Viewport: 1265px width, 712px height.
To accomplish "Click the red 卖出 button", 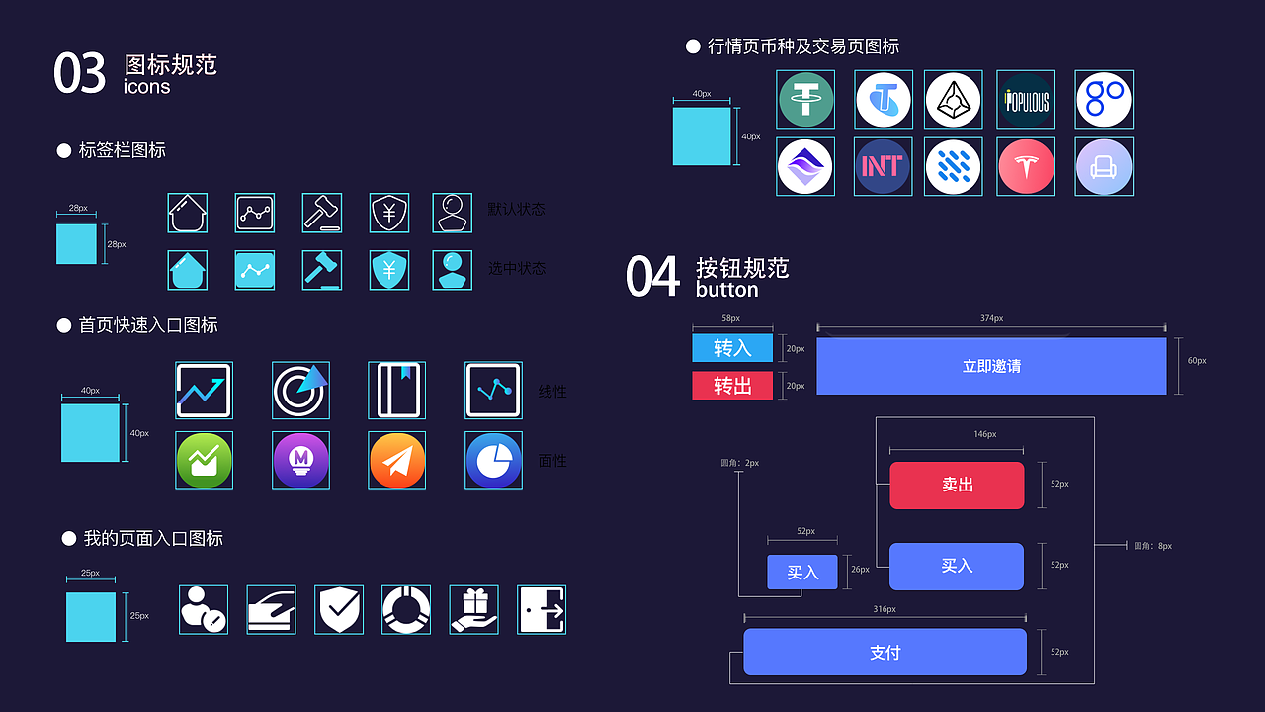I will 957,486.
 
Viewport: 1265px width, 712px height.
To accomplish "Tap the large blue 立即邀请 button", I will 991,366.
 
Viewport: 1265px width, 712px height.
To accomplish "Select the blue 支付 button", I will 885,653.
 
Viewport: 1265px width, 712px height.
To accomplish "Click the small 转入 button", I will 732,348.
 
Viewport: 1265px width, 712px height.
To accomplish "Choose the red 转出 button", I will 732,386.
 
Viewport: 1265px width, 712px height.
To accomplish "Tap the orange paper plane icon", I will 397,461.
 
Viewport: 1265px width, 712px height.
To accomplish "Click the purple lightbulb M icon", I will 300,461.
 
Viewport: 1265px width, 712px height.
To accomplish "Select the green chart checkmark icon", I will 205,461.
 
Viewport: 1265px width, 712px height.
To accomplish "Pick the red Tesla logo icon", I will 1026,166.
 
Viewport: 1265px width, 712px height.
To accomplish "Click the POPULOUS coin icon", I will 1026,99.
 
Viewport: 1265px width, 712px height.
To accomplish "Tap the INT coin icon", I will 883,166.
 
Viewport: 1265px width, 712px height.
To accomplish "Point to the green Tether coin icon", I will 805,99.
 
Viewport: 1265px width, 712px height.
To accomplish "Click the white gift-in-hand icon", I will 473,609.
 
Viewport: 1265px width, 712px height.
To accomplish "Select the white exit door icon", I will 542,609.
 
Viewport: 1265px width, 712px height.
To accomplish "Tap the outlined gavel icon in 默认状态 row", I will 322,213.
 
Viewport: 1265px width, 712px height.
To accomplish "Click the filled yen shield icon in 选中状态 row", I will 389,270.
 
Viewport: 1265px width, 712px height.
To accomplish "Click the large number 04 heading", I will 652,277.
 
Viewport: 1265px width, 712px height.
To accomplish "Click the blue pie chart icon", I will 494,461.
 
